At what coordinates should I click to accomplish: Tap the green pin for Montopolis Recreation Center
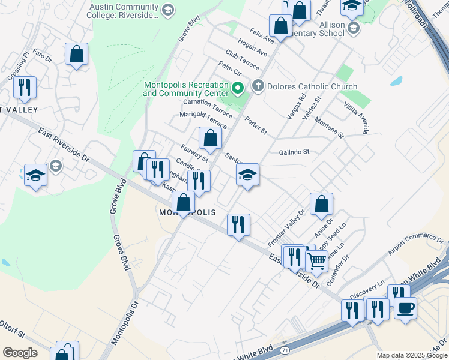coord(237,89)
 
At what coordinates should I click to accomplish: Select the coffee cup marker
coord(405,309)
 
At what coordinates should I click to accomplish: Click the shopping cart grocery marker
coord(316,261)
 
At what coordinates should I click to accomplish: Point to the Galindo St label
coord(294,152)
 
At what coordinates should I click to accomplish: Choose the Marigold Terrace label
coord(203,119)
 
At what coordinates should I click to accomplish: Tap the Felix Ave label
coord(262,34)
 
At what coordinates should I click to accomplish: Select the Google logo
coord(20,353)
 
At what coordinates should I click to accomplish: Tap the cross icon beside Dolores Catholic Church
coord(259,86)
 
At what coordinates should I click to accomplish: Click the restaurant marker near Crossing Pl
coord(25,88)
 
